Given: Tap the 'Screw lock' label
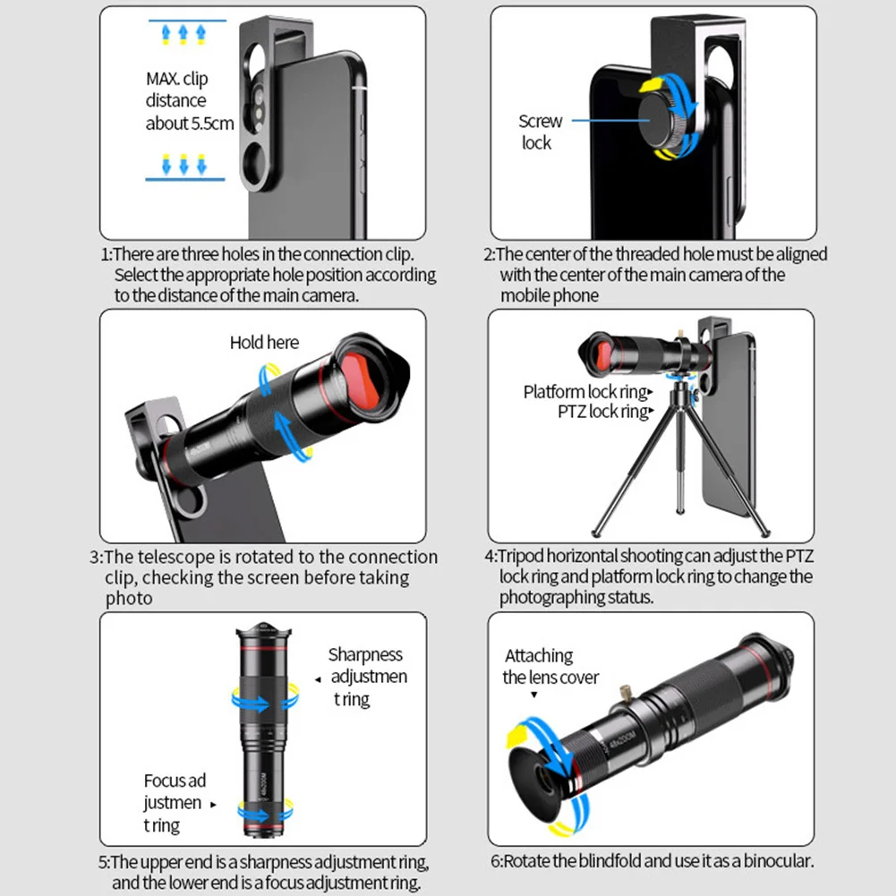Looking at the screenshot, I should coord(540,132).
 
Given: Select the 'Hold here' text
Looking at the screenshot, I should coord(264,342).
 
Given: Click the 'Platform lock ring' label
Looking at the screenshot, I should coord(585,392).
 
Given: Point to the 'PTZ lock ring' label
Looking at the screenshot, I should coord(602,412).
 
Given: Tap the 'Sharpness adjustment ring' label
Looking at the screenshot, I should coord(367,677).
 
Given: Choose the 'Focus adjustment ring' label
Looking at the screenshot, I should coord(174,803).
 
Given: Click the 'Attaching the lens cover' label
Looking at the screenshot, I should coord(550,667).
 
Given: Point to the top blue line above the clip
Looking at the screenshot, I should coord(183,20).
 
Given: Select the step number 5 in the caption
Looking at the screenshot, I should coord(104,862).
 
